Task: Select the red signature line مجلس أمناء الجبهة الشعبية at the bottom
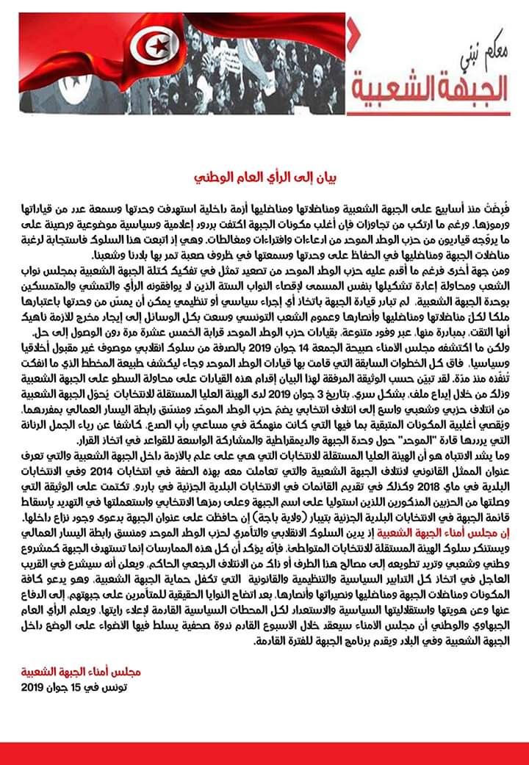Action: [81, 671]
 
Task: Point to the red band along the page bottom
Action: [264, 753]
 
